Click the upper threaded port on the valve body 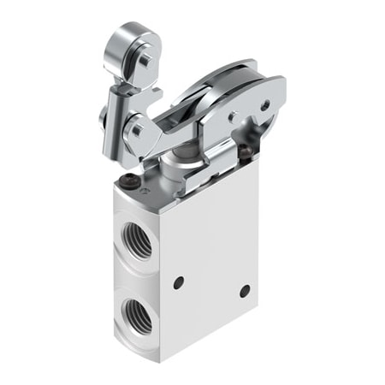click(137, 241)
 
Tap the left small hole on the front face click(178, 281)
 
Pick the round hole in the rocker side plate click(264, 107)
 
